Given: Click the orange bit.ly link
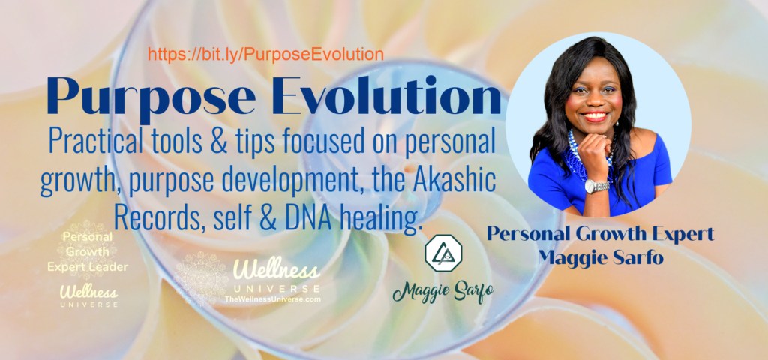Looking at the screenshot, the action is click(265, 54).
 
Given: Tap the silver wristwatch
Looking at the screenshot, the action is click(596, 186).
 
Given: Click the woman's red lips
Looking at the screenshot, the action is click(594, 116).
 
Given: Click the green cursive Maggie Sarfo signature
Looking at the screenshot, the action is click(442, 291).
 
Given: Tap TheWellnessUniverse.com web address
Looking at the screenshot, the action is click(272, 298).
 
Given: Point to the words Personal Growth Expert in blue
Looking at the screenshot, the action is click(600, 235).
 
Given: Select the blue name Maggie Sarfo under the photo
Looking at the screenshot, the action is click(601, 256).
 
